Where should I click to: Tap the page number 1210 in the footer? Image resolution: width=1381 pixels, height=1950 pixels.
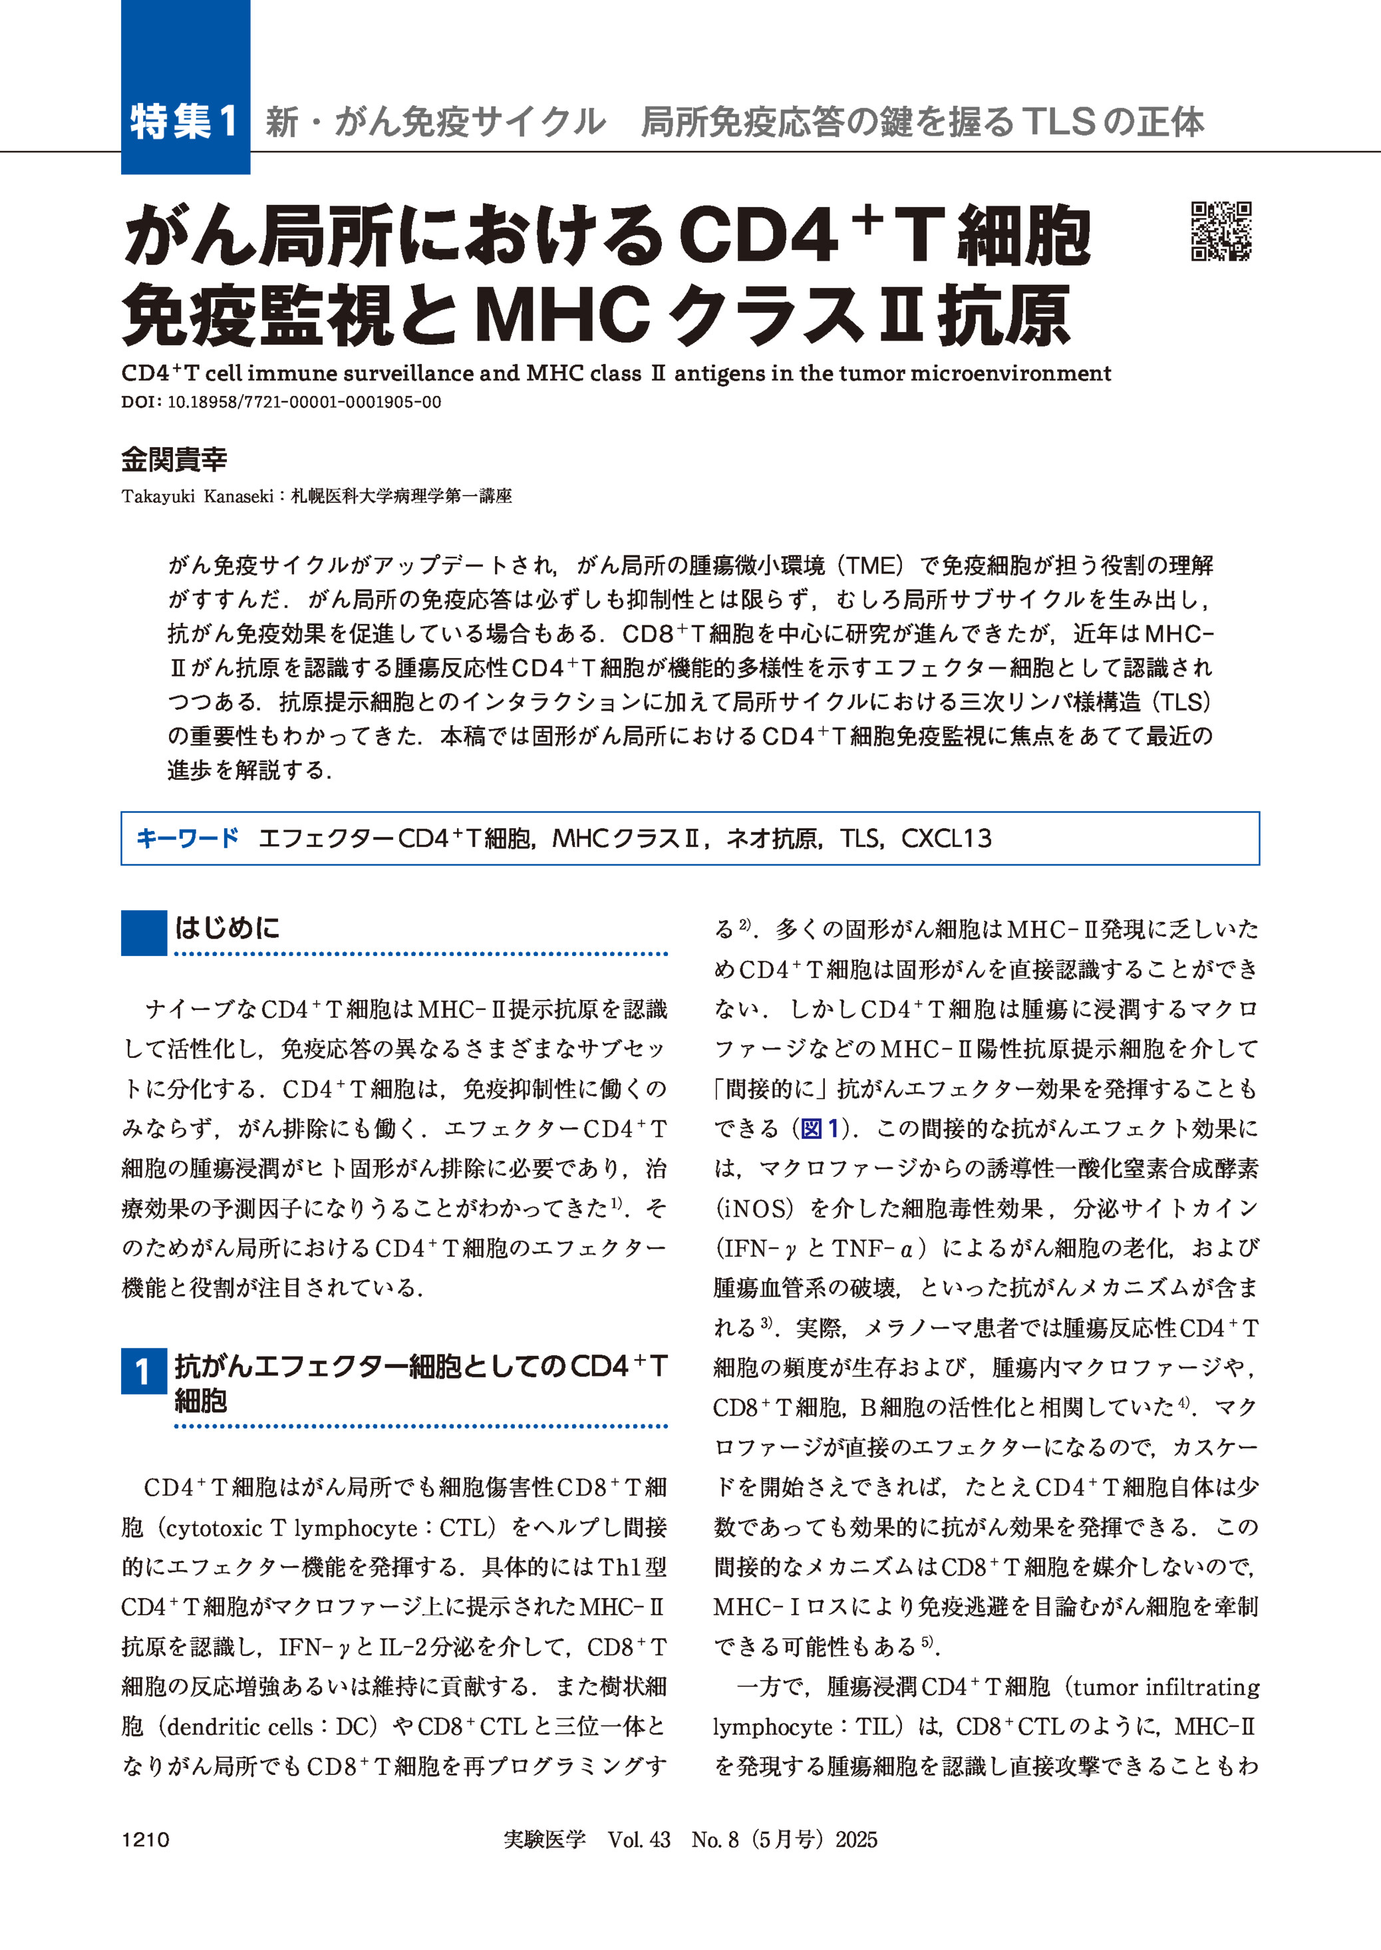tap(146, 1840)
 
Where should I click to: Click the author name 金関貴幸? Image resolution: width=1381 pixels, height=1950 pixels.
tap(174, 460)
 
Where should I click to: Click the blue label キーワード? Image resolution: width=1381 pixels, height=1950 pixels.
tap(188, 838)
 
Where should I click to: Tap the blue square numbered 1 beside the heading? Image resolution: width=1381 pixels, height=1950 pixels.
tap(143, 1371)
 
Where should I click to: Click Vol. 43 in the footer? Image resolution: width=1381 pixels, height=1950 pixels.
tap(639, 1840)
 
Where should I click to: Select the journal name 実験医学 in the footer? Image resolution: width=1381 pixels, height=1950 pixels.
tap(544, 1840)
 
